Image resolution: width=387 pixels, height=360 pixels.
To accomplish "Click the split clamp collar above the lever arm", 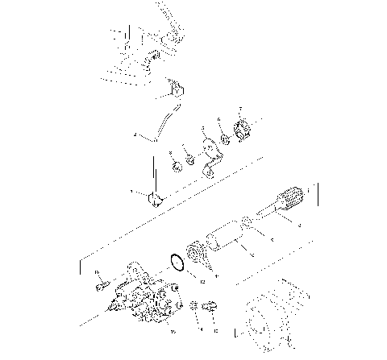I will [241, 127].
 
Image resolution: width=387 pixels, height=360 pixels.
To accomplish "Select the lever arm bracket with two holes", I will [211, 153].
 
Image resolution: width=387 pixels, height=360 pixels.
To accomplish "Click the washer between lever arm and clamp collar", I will [225, 138].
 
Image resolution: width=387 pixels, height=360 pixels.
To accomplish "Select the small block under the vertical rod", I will [152, 197].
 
